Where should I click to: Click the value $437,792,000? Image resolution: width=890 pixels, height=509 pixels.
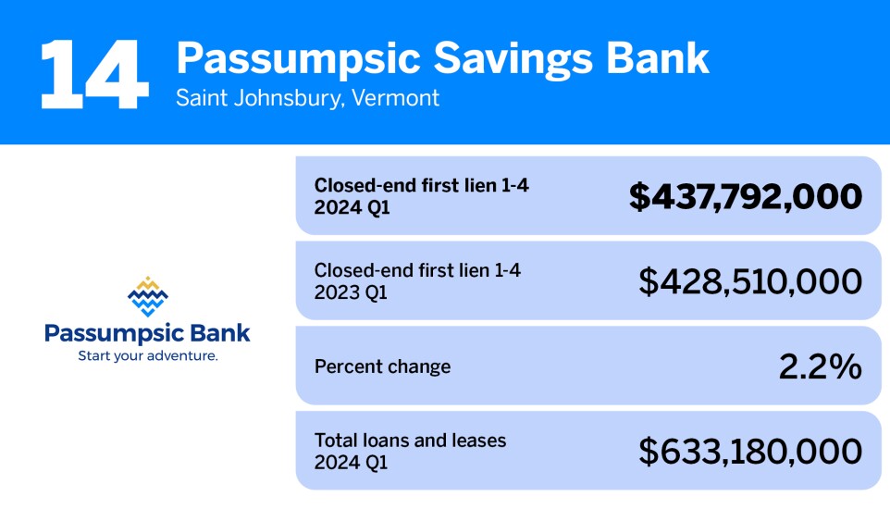[x=746, y=196]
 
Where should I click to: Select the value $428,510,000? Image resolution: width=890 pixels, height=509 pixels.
[x=750, y=281]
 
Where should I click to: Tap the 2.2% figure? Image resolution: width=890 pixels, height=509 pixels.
[x=820, y=366]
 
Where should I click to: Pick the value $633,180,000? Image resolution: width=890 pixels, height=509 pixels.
[x=750, y=452]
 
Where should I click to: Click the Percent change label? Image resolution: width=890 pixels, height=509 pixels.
[x=382, y=366]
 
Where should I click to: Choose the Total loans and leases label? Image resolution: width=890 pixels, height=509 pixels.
[x=410, y=441]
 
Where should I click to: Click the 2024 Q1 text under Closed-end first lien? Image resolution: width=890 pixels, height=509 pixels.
[x=352, y=208]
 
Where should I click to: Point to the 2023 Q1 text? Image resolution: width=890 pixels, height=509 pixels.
[x=352, y=293]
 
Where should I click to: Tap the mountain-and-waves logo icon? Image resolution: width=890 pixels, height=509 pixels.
[x=147, y=296]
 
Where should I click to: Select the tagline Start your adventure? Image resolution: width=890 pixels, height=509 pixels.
[x=147, y=355]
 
